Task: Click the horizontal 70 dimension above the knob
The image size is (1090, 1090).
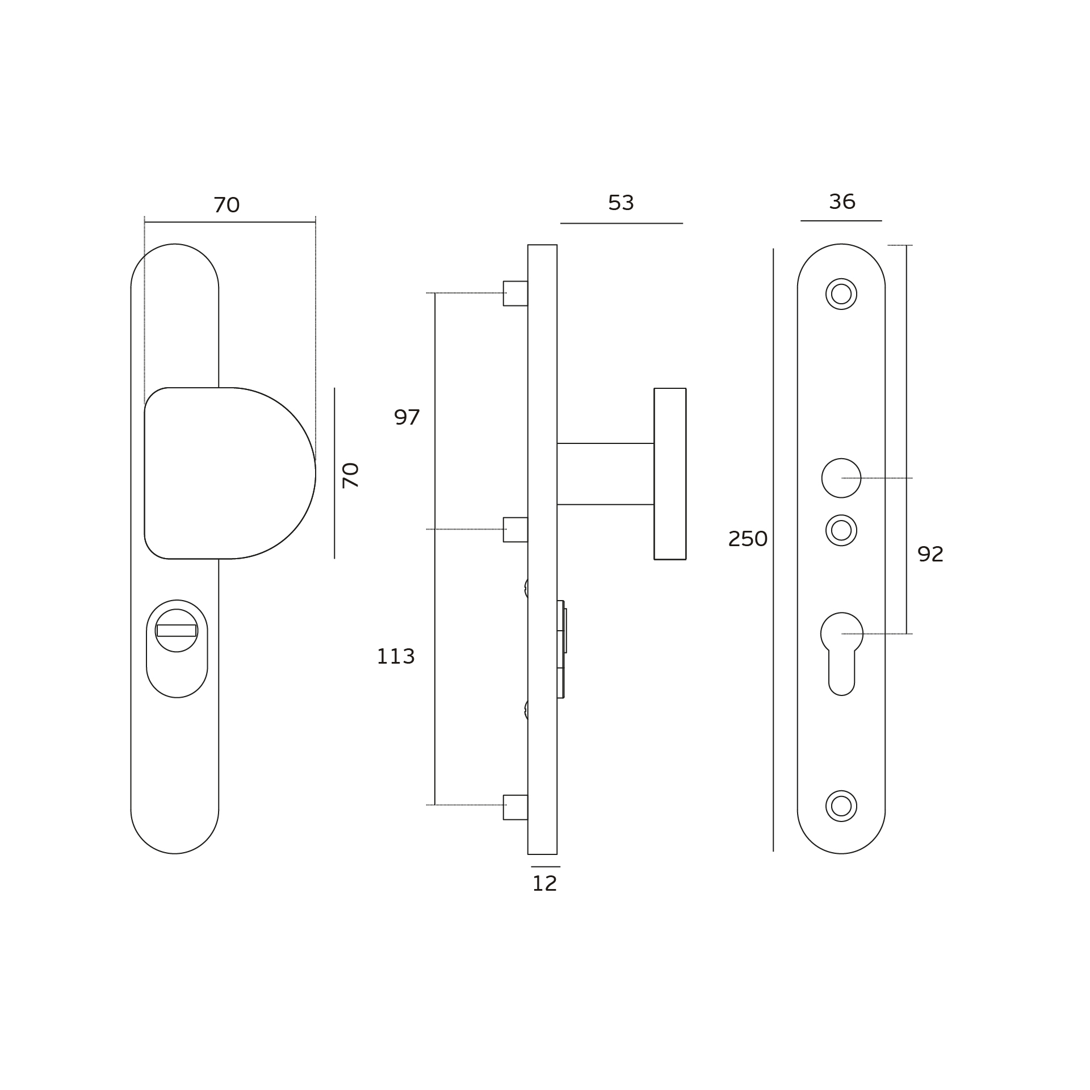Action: (x=227, y=205)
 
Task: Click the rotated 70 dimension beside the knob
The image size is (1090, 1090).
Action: (x=350, y=475)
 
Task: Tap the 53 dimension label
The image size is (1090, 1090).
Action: (x=621, y=203)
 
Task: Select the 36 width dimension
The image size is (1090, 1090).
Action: (x=842, y=202)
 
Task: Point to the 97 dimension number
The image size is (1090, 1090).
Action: (x=406, y=418)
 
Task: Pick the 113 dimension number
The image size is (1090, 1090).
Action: (x=396, y=657)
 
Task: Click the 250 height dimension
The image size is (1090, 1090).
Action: (x=748, y=539)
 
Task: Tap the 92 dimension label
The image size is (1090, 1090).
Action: (x=930, y=554)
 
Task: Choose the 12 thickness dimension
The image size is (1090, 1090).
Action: (x=544, y=884)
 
